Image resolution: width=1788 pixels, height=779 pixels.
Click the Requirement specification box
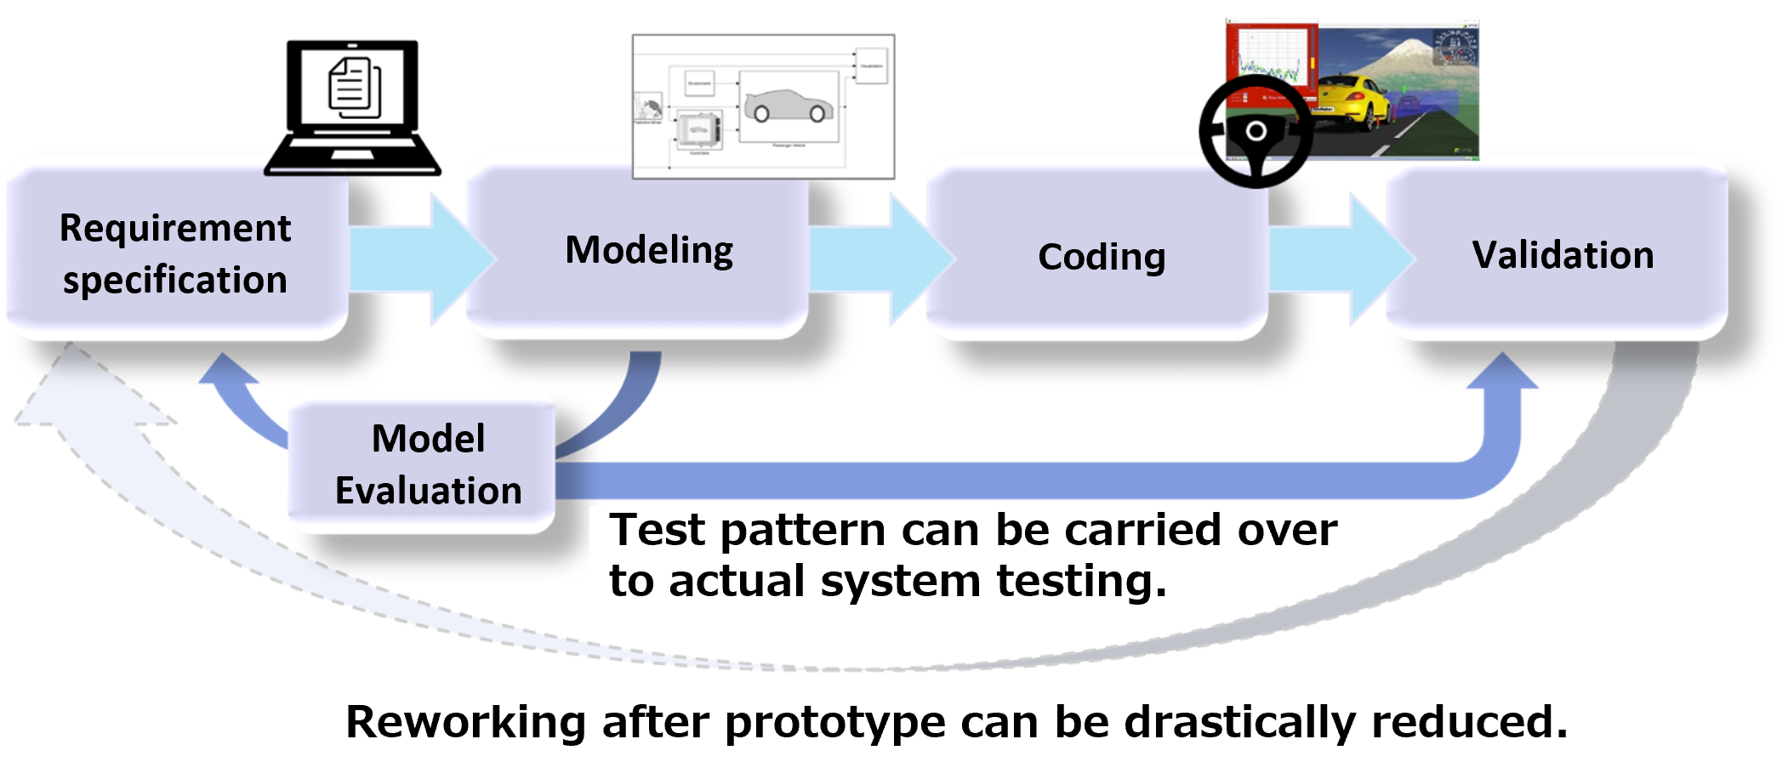176,253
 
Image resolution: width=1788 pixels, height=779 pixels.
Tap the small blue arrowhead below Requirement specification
225,374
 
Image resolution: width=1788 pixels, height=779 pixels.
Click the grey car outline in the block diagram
789,106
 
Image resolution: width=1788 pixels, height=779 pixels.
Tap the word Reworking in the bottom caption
465,723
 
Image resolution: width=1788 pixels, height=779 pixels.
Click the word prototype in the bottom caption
834,723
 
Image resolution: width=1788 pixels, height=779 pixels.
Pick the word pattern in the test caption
803,531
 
